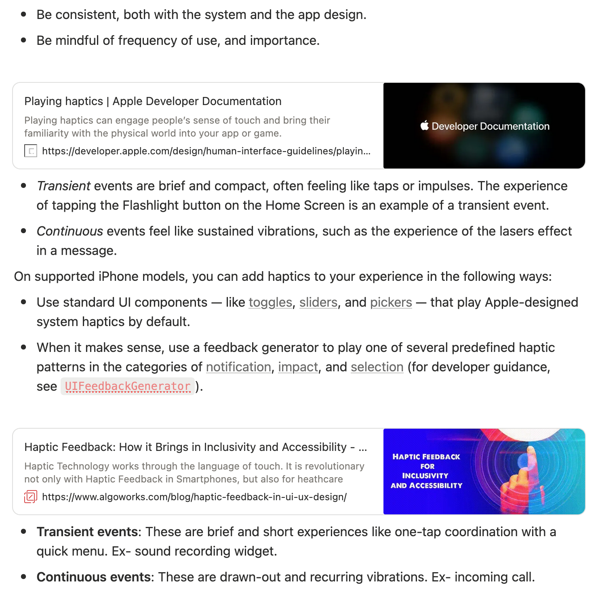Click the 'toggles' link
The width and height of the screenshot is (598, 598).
coord(270,302)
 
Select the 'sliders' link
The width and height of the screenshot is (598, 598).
coord(318,302)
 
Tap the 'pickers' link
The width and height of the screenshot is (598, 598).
coord(391,302)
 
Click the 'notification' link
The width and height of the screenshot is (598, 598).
coord(238,367)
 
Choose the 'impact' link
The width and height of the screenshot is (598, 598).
coord(298,367)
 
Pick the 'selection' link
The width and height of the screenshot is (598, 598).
coord(377,367)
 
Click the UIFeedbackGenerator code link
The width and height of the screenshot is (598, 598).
coord(128,386)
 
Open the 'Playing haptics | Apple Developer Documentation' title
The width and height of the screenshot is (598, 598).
coord(153,101)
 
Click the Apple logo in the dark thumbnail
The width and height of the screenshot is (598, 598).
coord(424,126)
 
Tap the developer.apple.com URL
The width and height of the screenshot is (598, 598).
coord(206,151)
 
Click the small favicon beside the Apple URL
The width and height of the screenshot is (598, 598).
coord(31,151)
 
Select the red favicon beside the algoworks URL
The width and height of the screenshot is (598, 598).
coord(31,497)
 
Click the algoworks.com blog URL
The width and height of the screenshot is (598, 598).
coord(194,497)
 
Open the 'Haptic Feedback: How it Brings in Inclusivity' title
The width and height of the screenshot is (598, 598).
coord(196,447)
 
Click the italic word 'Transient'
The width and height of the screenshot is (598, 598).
coord(63,186)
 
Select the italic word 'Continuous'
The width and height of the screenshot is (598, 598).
coord(70,231)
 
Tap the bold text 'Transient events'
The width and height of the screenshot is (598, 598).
coord(87,532)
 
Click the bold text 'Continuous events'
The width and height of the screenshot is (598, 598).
coord(93,577)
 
